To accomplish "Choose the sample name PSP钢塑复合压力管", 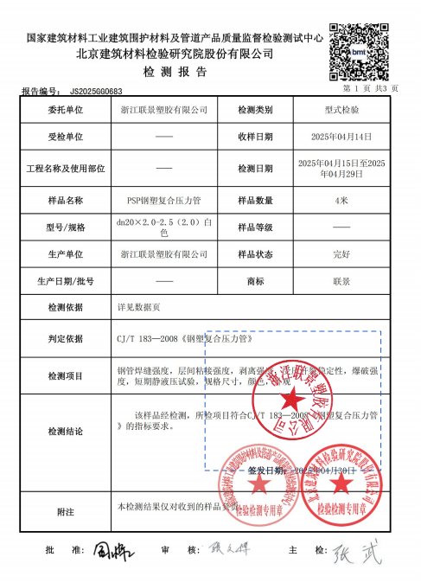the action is [163, 200].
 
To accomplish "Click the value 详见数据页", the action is [139, 307].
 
